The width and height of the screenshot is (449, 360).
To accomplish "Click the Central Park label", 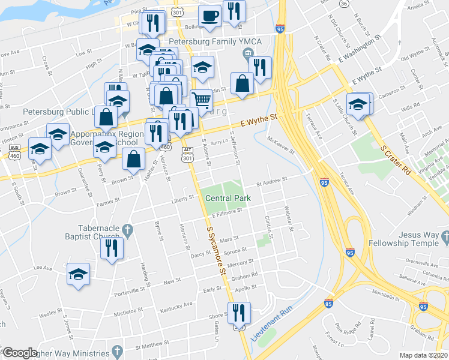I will click(x=228, y=199).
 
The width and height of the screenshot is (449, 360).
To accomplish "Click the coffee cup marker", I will click(x=209, y=16).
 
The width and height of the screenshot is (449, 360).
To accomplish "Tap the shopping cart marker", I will click(x=202, y=100).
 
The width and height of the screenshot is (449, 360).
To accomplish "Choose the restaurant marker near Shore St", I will click(x=238, y=313).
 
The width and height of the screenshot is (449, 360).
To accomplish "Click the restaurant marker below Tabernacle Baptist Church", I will click(x=112, y=248).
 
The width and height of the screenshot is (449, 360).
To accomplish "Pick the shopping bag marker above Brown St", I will click(x=133, y=159).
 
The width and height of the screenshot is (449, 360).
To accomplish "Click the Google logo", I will click(x=20, y=352).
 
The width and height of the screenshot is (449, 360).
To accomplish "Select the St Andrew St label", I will click(x=268, y=180).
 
